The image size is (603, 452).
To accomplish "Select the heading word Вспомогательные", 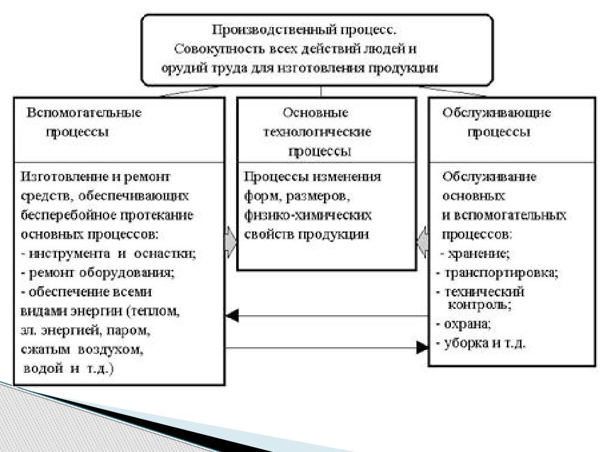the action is pos(84,113).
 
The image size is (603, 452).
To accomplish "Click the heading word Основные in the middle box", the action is pos(315,112).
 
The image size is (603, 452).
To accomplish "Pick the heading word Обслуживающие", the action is pos(496,113).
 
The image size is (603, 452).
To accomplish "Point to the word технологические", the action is pos(317,132).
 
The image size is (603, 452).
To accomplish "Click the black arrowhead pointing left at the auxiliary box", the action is pos(232,316).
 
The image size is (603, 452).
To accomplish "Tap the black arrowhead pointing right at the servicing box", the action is pos(422,347).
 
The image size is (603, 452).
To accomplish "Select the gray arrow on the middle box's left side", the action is pos(231,241).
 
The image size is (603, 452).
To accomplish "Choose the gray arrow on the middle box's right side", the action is pos(422,241).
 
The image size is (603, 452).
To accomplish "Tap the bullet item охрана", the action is pos(467,325).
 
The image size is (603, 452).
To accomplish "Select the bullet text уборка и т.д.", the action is pos(484,343).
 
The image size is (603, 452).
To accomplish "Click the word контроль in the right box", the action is pos(479,305).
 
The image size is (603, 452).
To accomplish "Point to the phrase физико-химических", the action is pos(308,215).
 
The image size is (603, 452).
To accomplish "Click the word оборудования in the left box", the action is pos(127,273).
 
